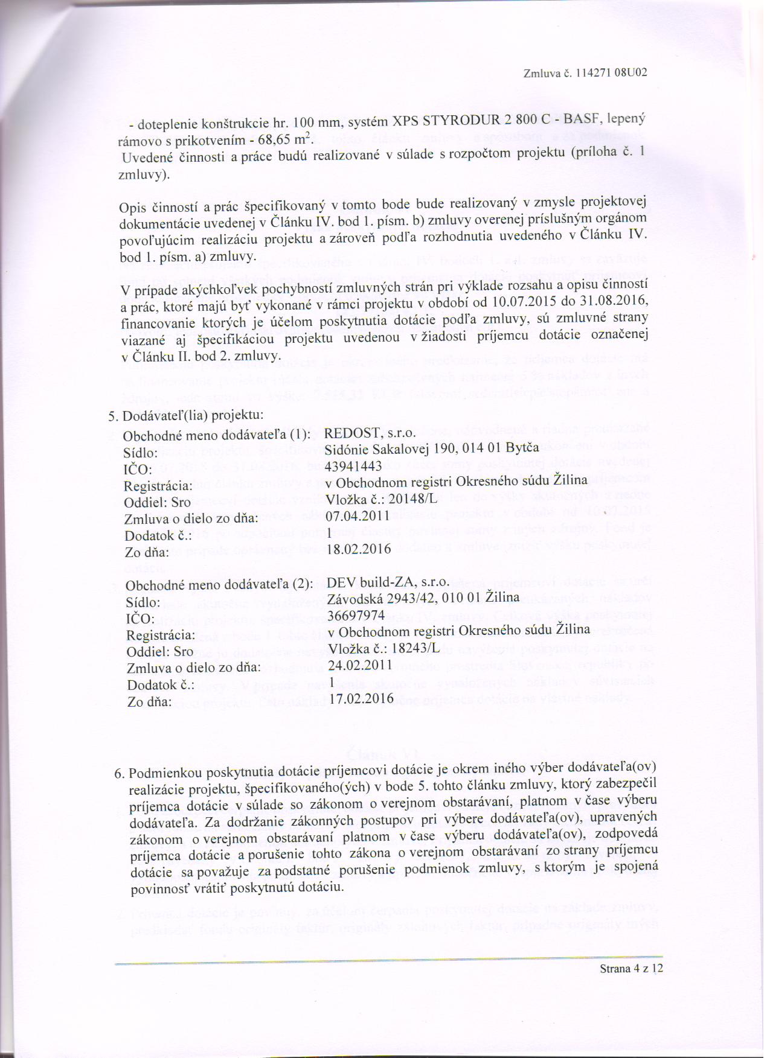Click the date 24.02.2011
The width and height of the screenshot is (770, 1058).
(x=360, y=666)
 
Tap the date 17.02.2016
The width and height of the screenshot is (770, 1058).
(x=361, y=698)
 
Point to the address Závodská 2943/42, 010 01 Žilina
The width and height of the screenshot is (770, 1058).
(x=423, y=598)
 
